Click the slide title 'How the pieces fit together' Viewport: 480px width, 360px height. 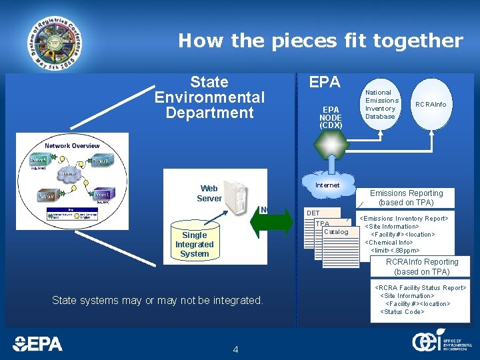pos(320,41)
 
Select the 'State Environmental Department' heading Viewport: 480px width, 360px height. pos(209,97)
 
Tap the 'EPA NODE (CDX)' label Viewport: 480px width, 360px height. pos(331,117)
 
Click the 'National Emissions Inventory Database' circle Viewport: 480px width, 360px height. pos(381,104)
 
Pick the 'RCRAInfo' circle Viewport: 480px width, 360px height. pos(431,105)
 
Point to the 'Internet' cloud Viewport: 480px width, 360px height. pos(327,185)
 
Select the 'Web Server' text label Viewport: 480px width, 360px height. pos(209,193)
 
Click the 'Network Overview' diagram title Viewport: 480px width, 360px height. pos(72,145)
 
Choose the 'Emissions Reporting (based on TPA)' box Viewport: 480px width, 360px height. pos(406,198)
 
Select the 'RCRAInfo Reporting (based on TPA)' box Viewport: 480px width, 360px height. pos(421,267)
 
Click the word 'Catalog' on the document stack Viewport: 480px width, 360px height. pos(335,232)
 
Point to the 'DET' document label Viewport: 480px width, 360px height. pos(313,213)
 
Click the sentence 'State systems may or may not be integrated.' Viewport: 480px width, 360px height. pos(158,301)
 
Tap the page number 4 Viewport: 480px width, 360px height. pos(235,349)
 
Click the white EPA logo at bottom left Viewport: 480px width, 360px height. pos(38,343)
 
